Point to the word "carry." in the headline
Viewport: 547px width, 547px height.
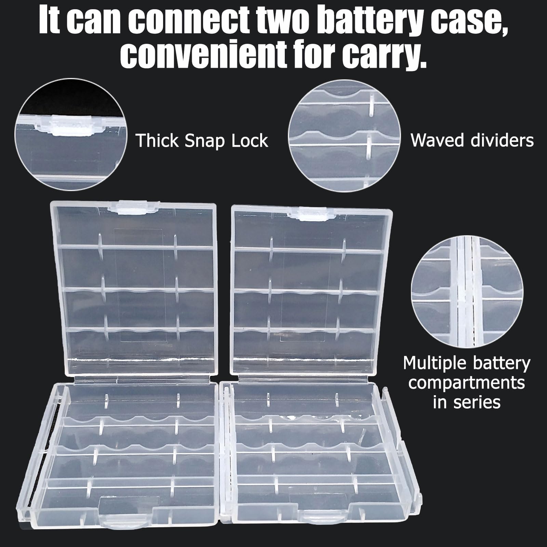tap(385, 56)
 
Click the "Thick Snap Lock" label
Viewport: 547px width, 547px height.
tap(202, 141)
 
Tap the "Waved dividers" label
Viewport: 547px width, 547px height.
tap(472, 140)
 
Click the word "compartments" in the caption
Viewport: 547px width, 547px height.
tap(466, 383)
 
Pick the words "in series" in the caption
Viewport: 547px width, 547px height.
tap(466, 402)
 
